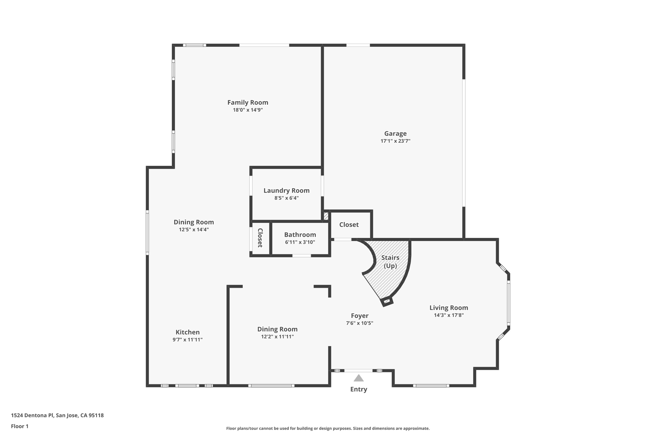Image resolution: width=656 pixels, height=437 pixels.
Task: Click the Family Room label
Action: click(248, 102)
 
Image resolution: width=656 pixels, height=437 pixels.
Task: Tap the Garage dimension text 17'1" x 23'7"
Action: click(395, 141)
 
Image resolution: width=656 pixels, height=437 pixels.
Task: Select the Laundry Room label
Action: click(286, 190)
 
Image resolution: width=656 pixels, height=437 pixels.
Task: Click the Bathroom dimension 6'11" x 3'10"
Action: click(300, 242)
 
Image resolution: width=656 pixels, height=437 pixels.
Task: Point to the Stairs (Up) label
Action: click(390, 262)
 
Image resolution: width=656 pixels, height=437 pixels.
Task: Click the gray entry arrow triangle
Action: click(358, 378)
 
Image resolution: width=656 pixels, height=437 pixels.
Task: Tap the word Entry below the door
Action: click(358, 389)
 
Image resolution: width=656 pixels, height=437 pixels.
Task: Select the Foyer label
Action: click(359, 316)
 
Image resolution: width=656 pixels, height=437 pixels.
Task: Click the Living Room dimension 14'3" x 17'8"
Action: click(448, 315)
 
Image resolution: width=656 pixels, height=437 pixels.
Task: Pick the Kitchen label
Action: click(187, 332)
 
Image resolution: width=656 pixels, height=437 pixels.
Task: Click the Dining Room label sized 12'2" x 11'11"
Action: click(277, 329)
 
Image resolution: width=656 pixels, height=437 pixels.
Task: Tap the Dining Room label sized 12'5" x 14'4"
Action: click(193, 222)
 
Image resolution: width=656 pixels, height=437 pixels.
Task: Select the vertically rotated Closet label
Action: click(260, 238)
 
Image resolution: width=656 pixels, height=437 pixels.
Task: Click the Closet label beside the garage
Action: click(349, 225)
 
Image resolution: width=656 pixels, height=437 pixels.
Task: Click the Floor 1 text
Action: click(20, 426)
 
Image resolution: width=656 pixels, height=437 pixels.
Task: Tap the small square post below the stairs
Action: click(387, 301)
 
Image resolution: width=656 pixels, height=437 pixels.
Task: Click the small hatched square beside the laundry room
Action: click(326, 216)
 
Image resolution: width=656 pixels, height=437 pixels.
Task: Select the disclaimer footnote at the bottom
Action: click(328, 428)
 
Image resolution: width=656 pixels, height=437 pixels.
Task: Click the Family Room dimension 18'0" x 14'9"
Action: click(248, 110)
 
